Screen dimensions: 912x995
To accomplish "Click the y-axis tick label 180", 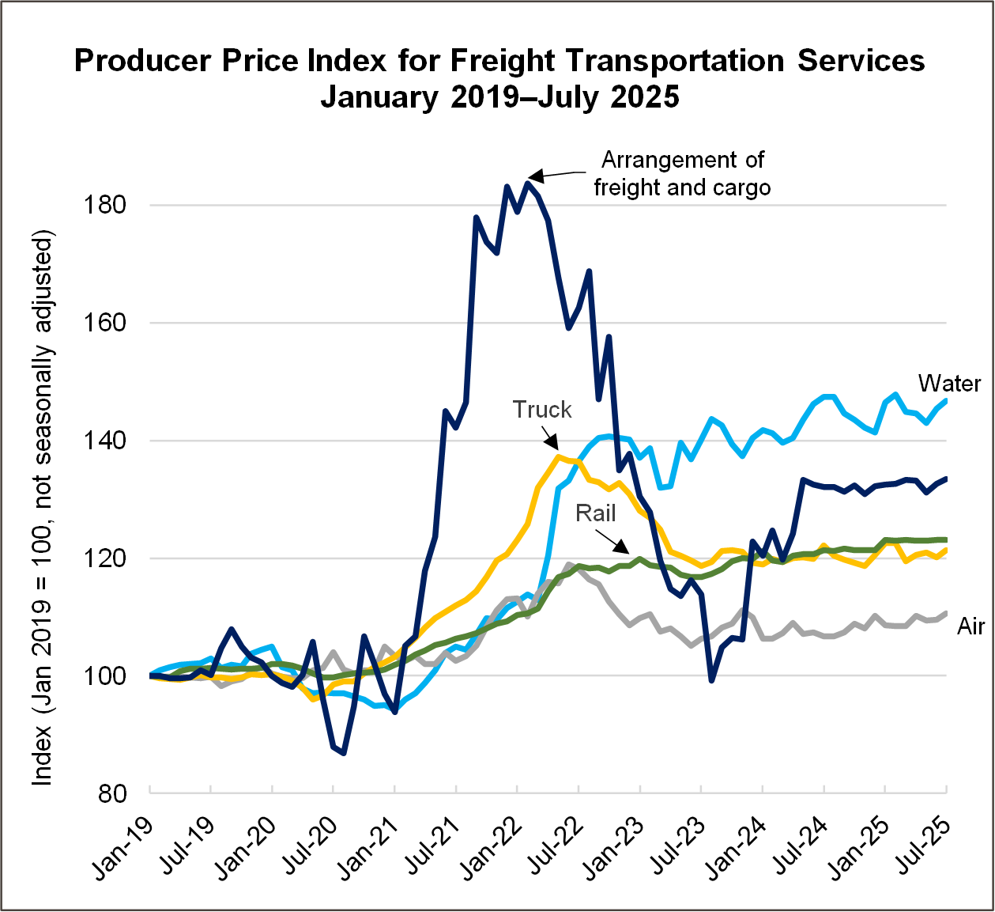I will [104, 205].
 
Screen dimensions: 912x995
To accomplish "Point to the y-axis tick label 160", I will [104, 323].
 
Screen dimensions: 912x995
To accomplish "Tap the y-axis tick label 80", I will [111, 793].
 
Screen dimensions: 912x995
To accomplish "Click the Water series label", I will [949, 384].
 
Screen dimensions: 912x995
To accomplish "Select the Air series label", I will [971, 626].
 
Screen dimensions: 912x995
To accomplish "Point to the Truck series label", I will [541, 410].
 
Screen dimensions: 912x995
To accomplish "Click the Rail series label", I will [595, 513].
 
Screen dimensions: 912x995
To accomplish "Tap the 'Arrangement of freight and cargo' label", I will [682, 173].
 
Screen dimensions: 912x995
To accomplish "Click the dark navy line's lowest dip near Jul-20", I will [344, 752].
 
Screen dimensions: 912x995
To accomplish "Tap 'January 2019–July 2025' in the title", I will [499, 96].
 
